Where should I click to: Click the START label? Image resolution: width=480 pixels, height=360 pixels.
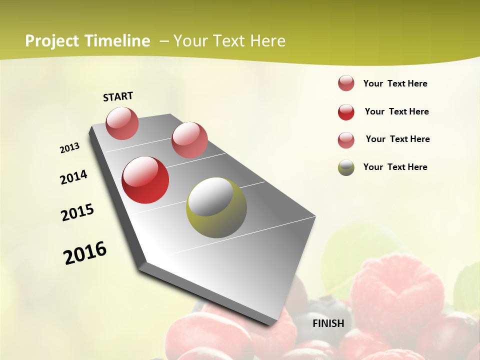click(x=118, y=96)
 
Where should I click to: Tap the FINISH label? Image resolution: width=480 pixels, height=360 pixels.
click(x=328, y=323)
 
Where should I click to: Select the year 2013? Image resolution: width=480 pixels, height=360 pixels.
click(x=70, y=148)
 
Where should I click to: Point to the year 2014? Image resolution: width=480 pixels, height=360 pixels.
click(x=74, y=177)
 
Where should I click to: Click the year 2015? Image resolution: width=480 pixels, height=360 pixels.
click(x=77, y=212)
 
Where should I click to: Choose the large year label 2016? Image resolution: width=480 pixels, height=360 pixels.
click(x=85, y=252)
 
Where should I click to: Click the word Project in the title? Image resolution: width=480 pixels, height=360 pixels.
click(x=51, y=41)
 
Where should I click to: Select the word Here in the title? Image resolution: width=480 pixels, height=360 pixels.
click(x=267, y=41)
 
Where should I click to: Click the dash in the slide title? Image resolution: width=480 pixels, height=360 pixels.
click(x=163, y=41)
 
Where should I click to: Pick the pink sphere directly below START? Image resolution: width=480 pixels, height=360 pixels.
click(x=122, y=123)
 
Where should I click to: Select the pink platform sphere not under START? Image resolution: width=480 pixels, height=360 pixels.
click(x=189, y=139)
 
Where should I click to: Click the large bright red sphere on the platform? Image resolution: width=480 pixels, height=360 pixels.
click(x=145, y=180)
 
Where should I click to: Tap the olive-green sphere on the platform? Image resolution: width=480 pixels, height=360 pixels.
click(x=216, y=207)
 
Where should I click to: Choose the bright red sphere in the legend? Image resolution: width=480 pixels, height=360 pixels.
click(x=346, y=112)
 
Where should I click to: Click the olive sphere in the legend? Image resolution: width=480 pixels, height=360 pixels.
click(x=346, y=167)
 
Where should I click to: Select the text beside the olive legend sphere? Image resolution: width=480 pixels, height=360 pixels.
click(x=395, y=167)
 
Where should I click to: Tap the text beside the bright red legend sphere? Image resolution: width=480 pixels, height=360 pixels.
click(x=396, y=111)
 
